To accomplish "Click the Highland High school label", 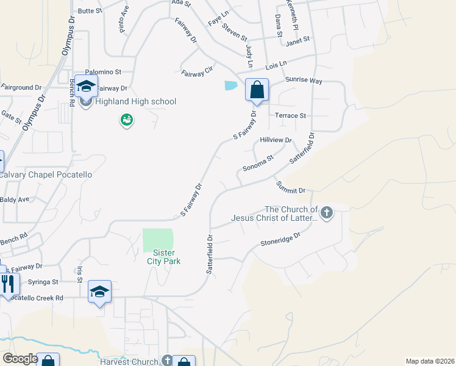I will tap(135, 101).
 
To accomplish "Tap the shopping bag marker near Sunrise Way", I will tap(257, 90).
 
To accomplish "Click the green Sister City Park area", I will tap(157, 239).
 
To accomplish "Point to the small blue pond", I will tap(231, 86).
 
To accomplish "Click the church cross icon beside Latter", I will tap(327, 213).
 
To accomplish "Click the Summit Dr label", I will tap(290, 187).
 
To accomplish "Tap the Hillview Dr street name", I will tap(276, 140).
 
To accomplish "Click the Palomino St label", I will tap(104, 71).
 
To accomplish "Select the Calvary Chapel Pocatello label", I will tap(46, 174).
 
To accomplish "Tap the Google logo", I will tap(20, 359).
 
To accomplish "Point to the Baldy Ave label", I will tap(15, 199).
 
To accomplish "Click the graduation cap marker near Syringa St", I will tap(99, 292).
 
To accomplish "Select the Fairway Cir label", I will tap(197, 72).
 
